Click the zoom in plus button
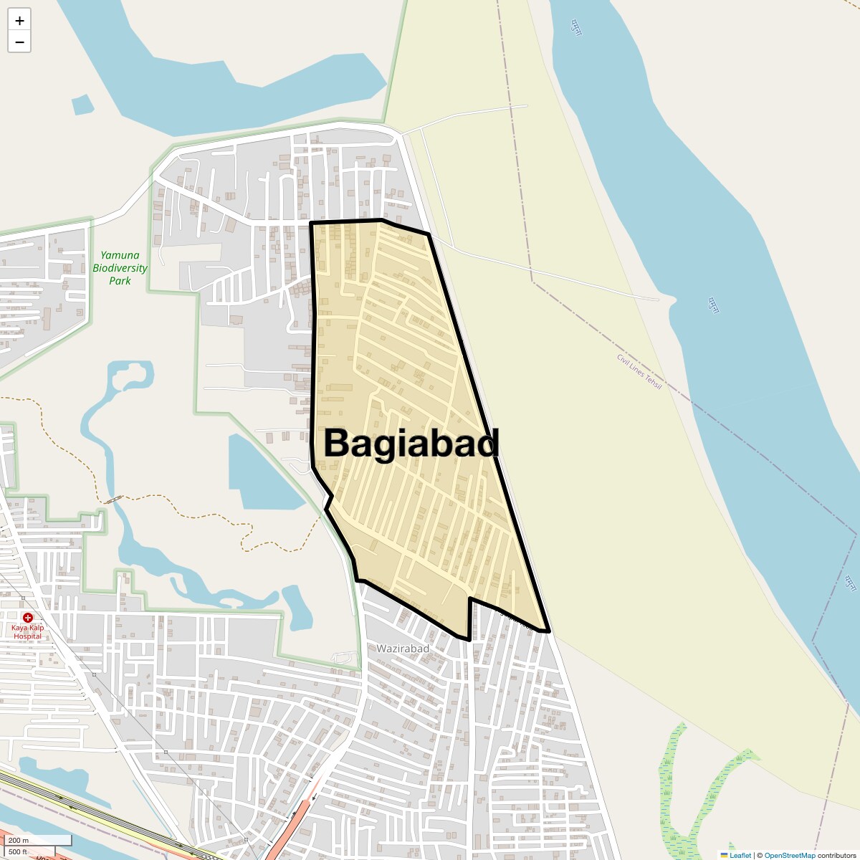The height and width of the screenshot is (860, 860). tap(19, 21)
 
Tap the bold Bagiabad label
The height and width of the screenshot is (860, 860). tap(411, 443)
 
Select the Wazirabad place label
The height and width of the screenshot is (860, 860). tap(403, 649)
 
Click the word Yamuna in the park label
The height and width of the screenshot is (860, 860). tap(120, 255)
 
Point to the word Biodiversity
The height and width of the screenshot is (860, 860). tap(120, 268)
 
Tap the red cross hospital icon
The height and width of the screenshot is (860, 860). tap(28, 617)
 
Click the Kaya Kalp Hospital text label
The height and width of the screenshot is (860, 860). tap(28, 632)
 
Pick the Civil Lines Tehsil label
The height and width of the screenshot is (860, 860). tap(639, 371)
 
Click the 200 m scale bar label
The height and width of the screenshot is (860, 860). tap(19, 840)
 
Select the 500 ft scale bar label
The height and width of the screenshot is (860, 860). tap(18, 851)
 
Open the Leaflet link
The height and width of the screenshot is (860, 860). tap(740, 855)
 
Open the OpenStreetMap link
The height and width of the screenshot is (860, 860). tap(789, 855)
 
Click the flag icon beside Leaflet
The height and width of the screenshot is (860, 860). tap(724, 855)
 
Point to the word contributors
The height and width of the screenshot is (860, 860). tap(836, 855)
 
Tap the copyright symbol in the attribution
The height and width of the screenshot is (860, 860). tap(760, 855)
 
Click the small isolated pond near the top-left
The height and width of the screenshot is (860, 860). tap(83, 105)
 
